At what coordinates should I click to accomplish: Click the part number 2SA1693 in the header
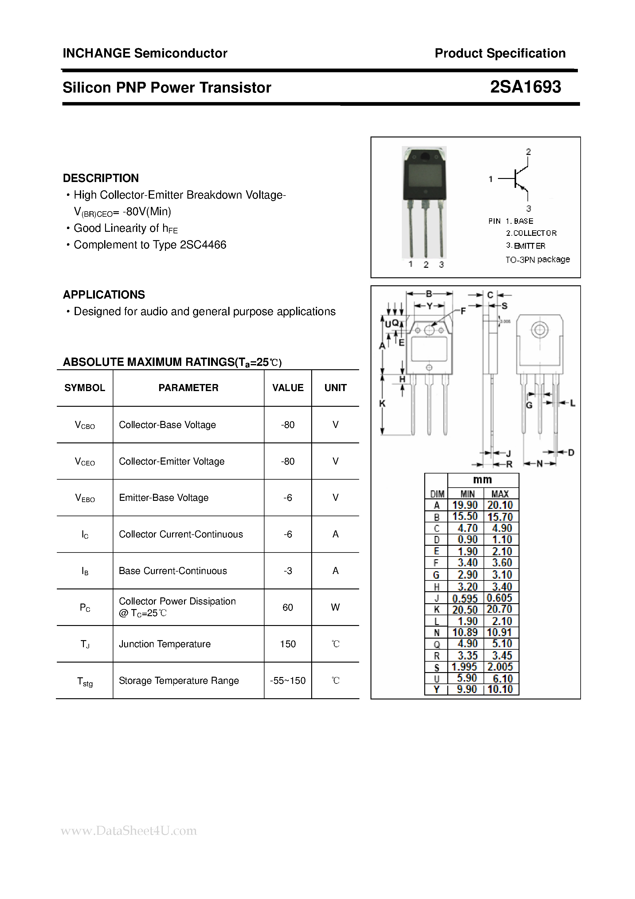(525, 87)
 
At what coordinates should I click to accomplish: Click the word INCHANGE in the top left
(96, 53)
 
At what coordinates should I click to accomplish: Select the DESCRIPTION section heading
(100, 178)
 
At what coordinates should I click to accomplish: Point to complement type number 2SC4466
(203, 245)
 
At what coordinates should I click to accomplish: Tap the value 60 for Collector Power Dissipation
(288, 607)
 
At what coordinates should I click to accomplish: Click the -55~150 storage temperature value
(288, 680)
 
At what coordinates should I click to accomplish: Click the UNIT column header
(335, 388)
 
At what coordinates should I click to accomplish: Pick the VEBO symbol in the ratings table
(85, 498)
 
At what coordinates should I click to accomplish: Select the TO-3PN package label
(537, 259)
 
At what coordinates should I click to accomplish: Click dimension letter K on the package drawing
(383, 403)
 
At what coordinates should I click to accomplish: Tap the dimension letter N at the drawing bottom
(539, 464)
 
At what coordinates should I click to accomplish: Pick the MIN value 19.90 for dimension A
(465, 505)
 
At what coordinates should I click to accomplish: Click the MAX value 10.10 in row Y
(500, 689)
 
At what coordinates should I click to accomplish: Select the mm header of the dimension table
(482, 480)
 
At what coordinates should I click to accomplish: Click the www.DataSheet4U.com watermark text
(129, 830)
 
